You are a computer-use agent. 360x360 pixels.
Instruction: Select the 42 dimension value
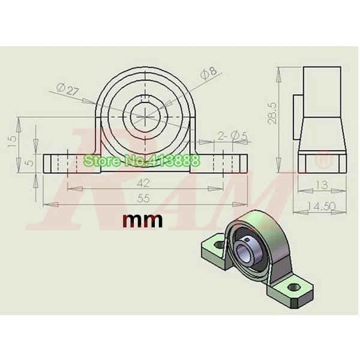(x=143, y=182)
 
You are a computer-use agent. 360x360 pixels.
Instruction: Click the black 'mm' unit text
(x=143, y=221)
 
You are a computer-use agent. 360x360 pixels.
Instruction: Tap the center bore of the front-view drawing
(x=143, y=114)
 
